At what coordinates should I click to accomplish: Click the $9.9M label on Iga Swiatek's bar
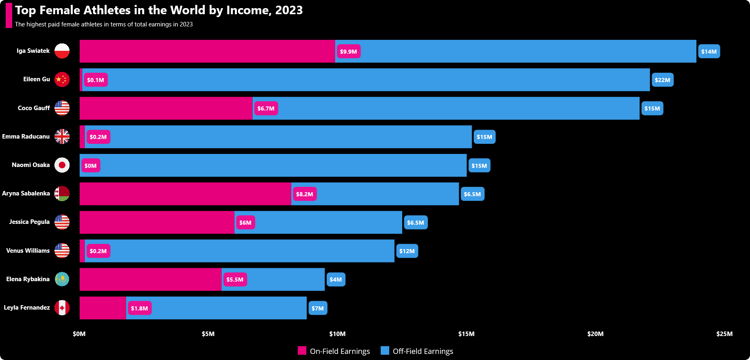[348, 52]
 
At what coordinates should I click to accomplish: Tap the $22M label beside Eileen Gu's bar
[662, 80]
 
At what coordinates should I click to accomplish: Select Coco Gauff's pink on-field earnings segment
[166, 108]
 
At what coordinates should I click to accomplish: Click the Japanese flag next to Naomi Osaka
[62, 165]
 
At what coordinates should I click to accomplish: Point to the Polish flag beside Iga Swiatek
[62, 51]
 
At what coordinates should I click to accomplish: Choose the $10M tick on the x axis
[337, 334]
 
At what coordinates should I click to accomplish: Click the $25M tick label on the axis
[724, 334]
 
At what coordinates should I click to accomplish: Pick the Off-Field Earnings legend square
[385, 351]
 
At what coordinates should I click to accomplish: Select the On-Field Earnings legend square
[302, 351]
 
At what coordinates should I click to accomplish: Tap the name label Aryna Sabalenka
[26, 193]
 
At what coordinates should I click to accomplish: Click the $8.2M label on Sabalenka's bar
[304, 194]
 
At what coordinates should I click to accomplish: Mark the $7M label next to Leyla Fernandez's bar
[318, 308]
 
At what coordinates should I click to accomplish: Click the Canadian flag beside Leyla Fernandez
[62, 308]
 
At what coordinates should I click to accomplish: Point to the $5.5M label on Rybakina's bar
[235, 280]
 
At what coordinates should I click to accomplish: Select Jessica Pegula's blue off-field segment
[318, 222]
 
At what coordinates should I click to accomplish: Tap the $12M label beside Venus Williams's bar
[407, 251]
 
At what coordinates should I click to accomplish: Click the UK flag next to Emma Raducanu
[62, 137]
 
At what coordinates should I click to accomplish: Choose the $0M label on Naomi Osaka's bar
[91, 166]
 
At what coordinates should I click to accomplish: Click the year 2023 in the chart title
[289, 10]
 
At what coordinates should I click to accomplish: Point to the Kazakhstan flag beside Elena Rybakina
[62, 279]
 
